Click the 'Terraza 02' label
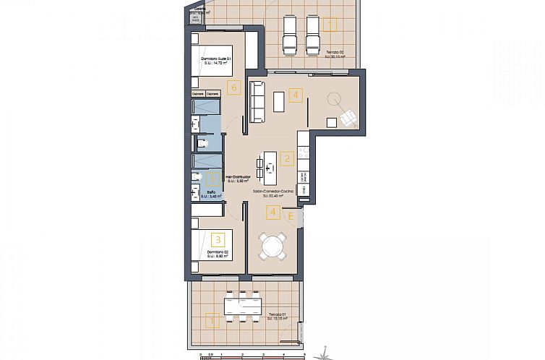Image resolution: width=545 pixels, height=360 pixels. (335, 53)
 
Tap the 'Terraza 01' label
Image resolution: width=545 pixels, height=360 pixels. (278, 315)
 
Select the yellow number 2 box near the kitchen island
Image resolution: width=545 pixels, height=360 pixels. (287, 158)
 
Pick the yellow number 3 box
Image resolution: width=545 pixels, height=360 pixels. (218, 238)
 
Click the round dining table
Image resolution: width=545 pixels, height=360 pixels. (273, 245)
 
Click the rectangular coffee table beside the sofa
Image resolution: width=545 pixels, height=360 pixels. (278, 102)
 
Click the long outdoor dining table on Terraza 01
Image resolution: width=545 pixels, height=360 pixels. (242, 304)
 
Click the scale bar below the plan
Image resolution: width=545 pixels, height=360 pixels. (253, 356)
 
